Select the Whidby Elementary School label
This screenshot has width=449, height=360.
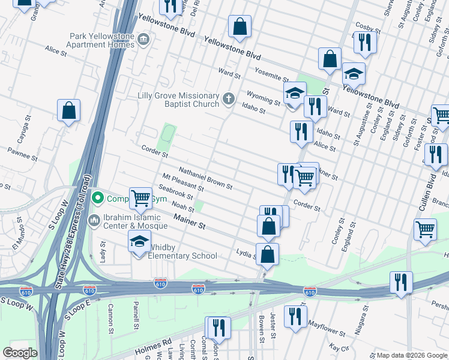182,256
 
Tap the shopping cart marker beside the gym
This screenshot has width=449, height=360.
140,197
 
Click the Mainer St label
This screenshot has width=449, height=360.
190,224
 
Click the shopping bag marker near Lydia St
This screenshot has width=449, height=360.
267,254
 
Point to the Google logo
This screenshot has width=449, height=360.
20,353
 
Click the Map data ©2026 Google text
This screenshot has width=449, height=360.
411,355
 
